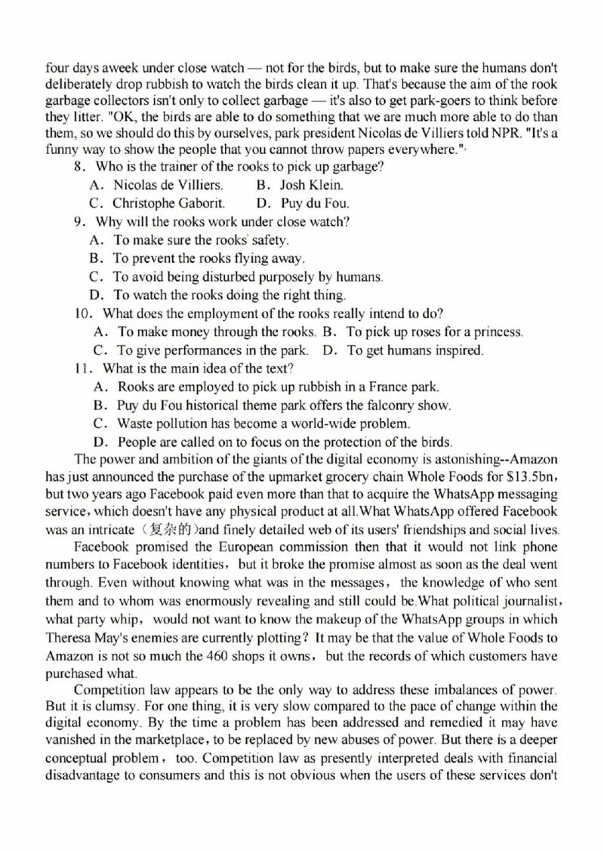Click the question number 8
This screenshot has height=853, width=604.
pyautogui.click(x=78, y=167)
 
